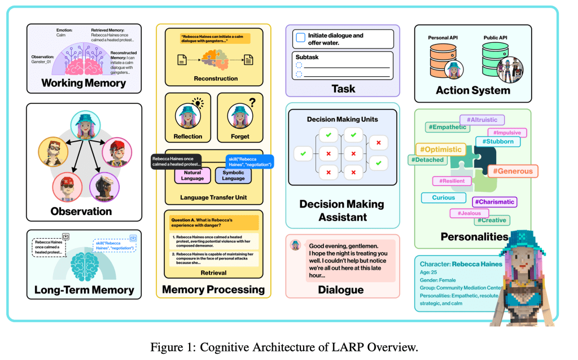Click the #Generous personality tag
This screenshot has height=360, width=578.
[x=513, y=171]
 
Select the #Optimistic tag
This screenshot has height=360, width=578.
[x=439, y=150]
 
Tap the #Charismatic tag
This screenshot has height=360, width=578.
[x=494, y=201]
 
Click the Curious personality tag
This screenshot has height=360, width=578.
[x=444, y=198]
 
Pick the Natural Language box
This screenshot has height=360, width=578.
[x=192, y=175]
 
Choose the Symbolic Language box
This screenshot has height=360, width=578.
[x=233, y=175]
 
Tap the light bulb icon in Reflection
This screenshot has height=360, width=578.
[x=198, y=103]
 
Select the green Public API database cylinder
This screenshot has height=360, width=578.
[x=496, y=59]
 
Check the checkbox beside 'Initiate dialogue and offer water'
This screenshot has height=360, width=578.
[x=301, y=38]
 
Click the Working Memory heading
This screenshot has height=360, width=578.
[x=84, y=83]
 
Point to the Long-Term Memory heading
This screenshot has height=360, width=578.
[x=84, y=290]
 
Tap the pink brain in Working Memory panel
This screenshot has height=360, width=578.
[x=84, y=64]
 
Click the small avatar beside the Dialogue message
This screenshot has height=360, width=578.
[x=295, y=245]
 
